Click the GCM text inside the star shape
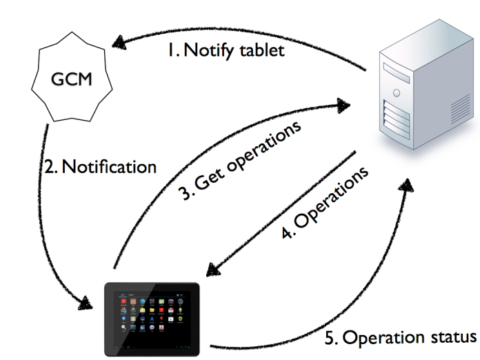[x=71, y=79]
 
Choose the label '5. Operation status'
[x=400, y=337]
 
